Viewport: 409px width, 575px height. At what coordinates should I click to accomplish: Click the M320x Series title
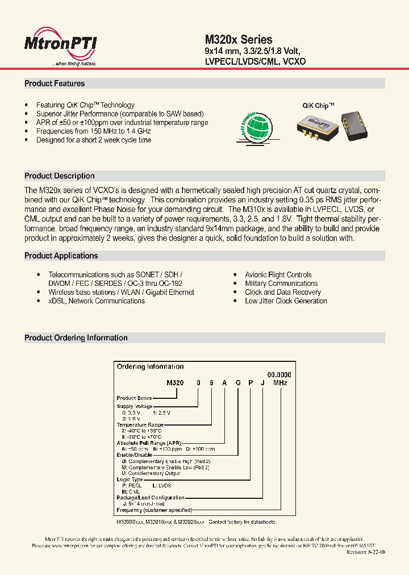[x=238, y=40]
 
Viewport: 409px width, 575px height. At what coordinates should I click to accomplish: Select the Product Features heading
[x=55, y=84]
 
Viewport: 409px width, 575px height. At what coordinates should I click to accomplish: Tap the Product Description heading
[x=59, y=176]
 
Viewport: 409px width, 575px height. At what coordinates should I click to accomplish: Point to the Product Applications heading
[x=61, y=256]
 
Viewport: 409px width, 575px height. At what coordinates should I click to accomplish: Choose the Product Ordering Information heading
[x=76, y=338]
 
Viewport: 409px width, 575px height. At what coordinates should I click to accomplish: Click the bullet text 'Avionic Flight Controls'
[x=278, y=275]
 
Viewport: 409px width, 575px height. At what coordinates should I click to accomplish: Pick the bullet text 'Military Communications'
[x=281, y=284]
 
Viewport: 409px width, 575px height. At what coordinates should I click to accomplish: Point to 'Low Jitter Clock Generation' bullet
[x=286, y=301]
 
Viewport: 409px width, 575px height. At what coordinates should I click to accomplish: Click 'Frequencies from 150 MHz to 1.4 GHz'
[x=93, y=131]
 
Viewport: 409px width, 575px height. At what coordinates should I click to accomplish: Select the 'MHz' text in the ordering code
[x=280, y=384]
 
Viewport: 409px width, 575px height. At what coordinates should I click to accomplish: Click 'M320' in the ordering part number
[x=175, y=384]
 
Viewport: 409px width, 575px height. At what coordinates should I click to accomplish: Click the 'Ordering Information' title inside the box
[x=150, y=367]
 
